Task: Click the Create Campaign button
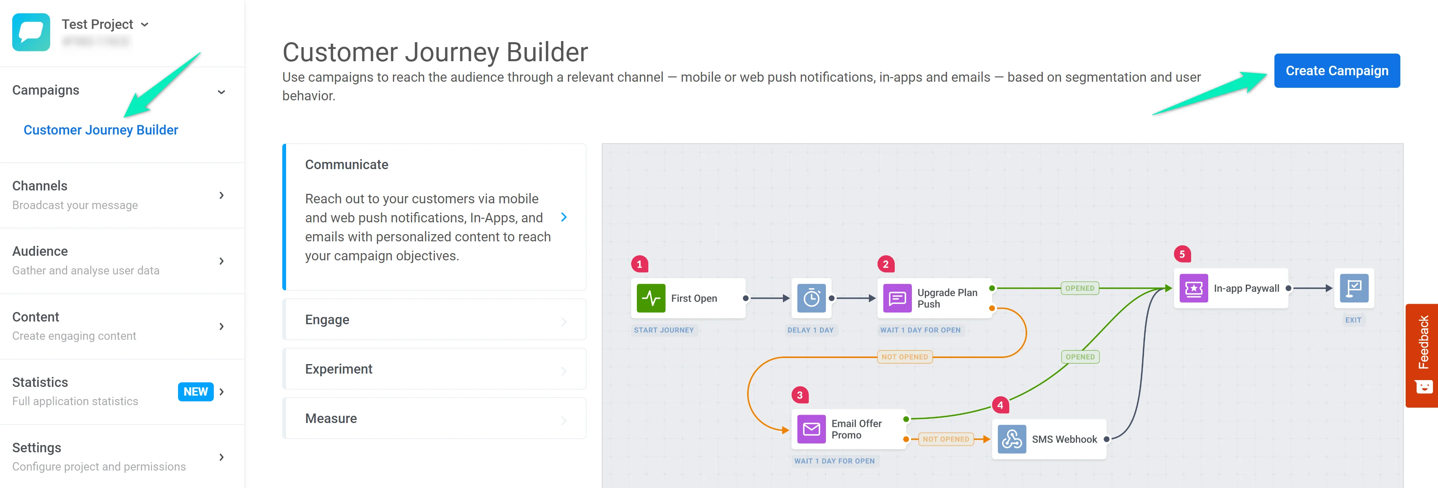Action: (1336, 71)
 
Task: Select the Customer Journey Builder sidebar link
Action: (100, 130)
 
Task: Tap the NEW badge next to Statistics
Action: (196, 391)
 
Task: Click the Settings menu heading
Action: (37, 447)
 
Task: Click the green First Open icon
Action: (651, 298)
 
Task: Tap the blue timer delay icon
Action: (811, 298)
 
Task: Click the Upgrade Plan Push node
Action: (935, 298)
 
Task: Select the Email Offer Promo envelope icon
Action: (811, 429)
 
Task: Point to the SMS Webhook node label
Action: (1064, 439)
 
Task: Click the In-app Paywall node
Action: (1231, 288)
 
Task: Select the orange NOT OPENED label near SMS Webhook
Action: (946, 439)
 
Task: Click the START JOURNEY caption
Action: (664, 330)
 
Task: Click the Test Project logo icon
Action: (31, 32)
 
